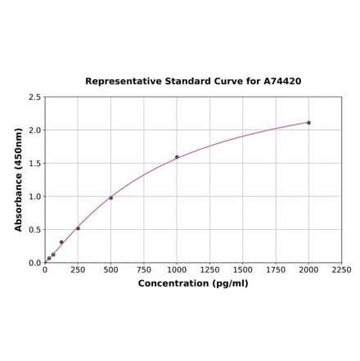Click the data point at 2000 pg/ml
(x=308, y=123)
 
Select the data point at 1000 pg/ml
(x=177, y=157)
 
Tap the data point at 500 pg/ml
(x=110, y=198)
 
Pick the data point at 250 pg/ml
(x=78, y=228)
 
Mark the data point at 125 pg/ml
(x=61, y=242)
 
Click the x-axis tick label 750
(x=143, y=269)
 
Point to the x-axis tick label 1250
(x=209, y=269)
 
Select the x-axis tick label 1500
(x=242, y=269)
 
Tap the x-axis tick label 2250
(x=341, y=269)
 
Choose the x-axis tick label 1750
(x=276, y=269)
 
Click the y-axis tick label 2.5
(x=35, y=97)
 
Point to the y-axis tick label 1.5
(x=35, y=164)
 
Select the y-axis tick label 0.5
(x=35, y=230)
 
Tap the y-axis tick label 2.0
(x=35, y=130)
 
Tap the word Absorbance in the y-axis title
(x=19, y=193)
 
